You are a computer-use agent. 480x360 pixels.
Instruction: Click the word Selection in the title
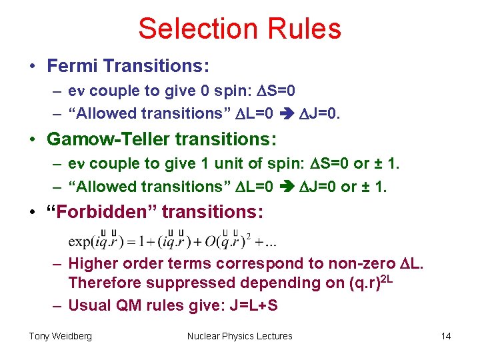coord(189,29)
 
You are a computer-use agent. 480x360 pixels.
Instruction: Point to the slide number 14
coord(446,336)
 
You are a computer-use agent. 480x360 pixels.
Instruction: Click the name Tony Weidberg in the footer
coord(60,336)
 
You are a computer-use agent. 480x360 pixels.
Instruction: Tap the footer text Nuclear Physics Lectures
coord(240,336)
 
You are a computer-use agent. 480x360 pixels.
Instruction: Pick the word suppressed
coord(190,283)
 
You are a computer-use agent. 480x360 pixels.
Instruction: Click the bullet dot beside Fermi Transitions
coord(31,67)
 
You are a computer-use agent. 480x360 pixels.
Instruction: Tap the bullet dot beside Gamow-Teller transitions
coord(31,140)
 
